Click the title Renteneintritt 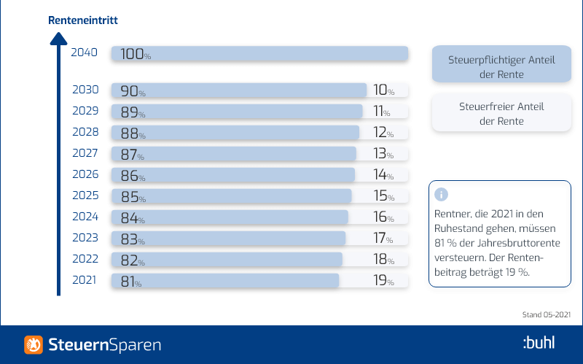point(83,20)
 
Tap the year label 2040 point(85,53)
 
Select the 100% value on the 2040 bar point(136,54)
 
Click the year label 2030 point(85,90)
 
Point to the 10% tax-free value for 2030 point(384,90)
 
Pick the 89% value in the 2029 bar point(133,112)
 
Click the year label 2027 point(85,153)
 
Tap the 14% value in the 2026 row point(383,174)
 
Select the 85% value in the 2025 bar point(133,197)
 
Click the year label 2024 point(85,217)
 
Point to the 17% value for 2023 point(383,239)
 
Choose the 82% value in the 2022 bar point(133,260)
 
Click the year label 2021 point(85,280)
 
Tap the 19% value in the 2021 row point(384,281)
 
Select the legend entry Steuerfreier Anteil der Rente point(501,113)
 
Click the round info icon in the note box point(442,194)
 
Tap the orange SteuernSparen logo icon point(34,344)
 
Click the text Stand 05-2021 point(546,315)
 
